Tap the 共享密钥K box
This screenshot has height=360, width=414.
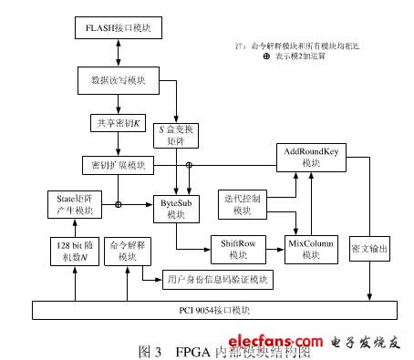116,123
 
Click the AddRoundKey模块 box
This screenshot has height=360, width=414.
312,156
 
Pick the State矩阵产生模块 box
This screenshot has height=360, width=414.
76,204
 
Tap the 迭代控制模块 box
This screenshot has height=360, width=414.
242,204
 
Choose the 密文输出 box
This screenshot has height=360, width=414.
370,248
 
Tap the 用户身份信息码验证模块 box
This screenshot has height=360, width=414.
218,278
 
